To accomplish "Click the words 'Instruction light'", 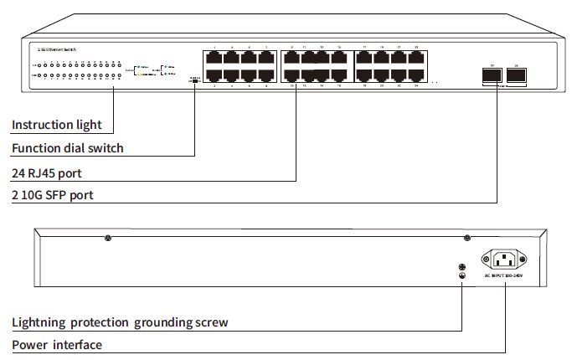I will [57, 125].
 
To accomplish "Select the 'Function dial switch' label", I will [68, 148].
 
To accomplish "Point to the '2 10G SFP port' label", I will [53, 195].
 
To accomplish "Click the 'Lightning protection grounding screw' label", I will [120, 321].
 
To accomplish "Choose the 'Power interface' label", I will [57, 344].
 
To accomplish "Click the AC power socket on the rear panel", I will [506, 260].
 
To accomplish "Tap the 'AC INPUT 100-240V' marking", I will [506, 275].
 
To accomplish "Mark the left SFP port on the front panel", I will [492, 75].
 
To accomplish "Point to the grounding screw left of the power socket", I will [461, 265].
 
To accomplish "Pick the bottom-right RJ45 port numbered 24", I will [415, 75].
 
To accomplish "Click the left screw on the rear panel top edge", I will [108, 239].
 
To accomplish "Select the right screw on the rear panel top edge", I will [466, 239].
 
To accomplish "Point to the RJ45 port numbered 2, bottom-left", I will [214, 75].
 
